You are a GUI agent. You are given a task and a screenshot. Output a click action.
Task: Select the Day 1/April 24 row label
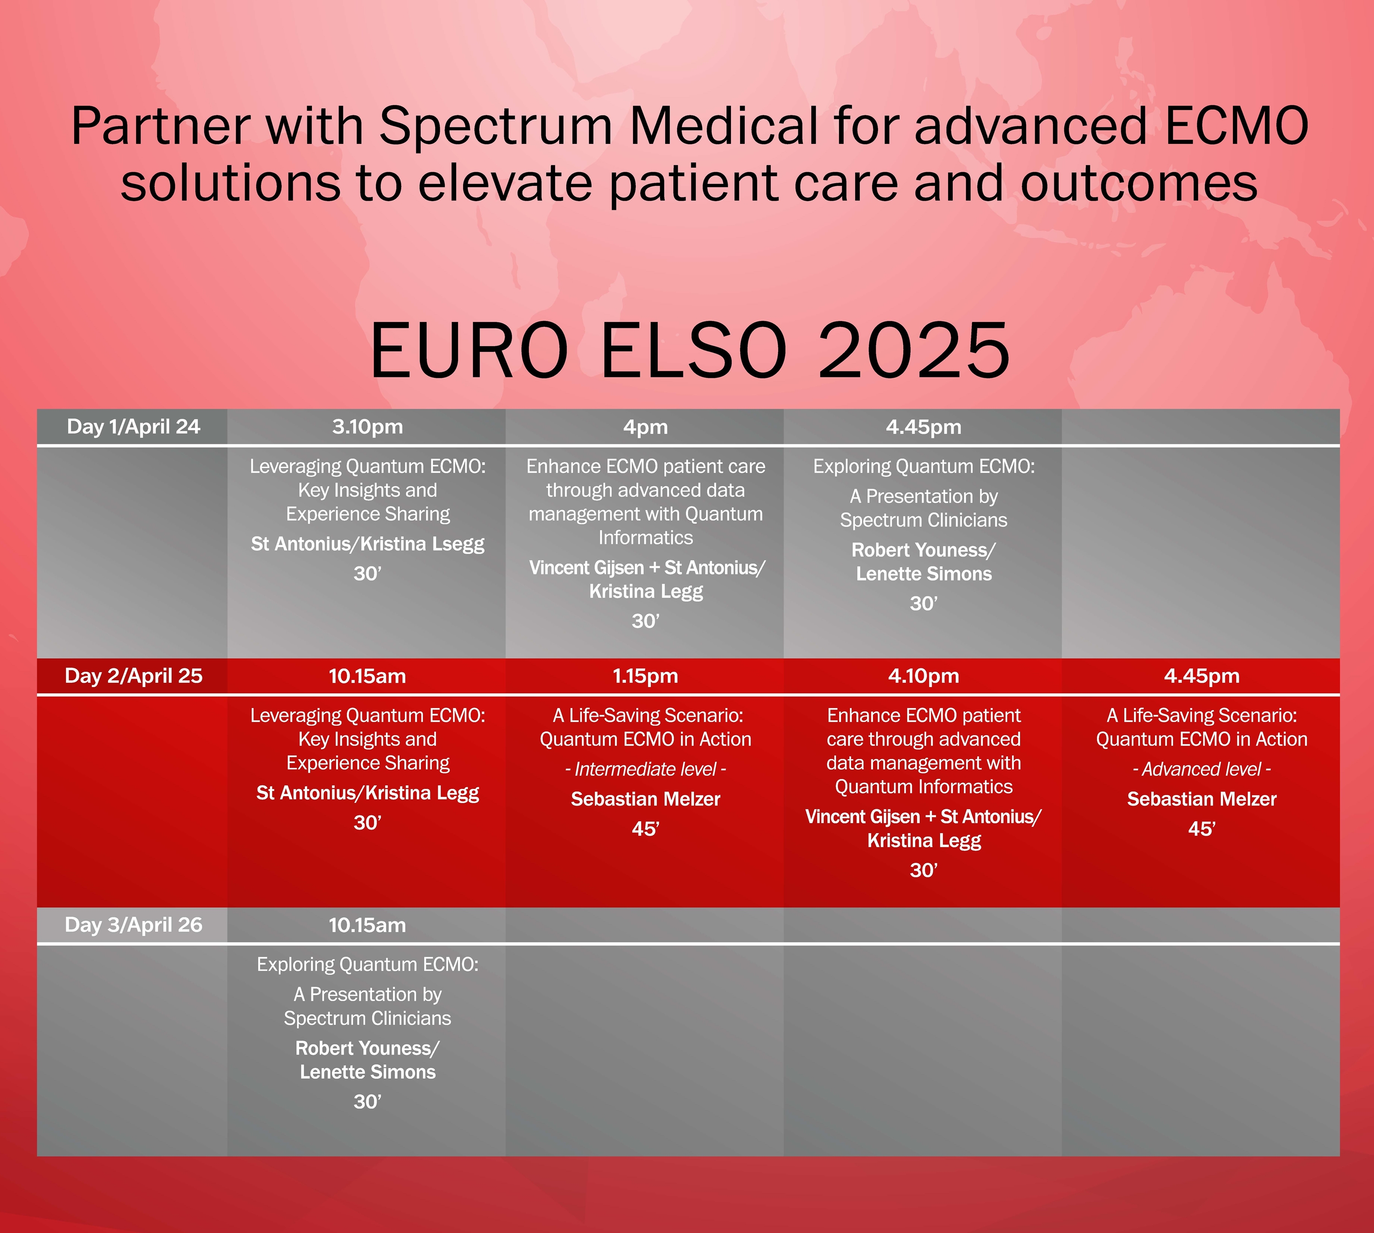133,427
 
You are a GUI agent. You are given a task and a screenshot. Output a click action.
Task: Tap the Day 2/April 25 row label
133,676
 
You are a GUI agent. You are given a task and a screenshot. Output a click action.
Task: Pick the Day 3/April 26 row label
133,925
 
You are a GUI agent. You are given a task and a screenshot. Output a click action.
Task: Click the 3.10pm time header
367,427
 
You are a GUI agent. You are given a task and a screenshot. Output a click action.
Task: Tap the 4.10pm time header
923,676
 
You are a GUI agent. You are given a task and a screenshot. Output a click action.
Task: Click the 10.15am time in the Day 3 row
367,925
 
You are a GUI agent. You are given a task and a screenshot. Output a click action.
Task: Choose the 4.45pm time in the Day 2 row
1202,676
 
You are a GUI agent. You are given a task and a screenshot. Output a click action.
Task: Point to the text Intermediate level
645,769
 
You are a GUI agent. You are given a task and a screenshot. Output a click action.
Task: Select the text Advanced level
1201,769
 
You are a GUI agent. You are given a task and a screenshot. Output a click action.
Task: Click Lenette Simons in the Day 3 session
368,1072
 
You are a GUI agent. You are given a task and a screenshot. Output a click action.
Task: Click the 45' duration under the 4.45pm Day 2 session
1202,829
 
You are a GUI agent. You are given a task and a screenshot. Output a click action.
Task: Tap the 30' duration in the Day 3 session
368,1102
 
